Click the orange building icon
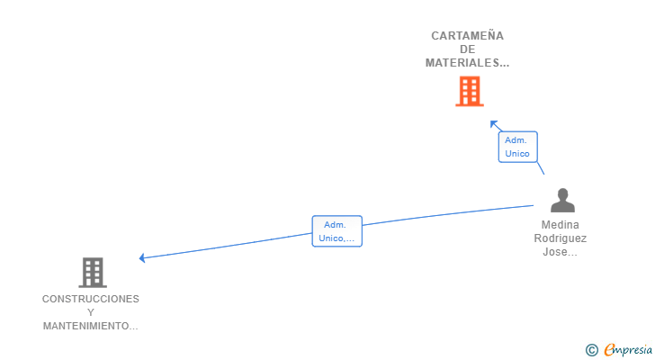469,91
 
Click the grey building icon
92,272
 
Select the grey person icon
562,200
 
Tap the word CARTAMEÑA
467,36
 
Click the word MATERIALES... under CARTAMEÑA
467,63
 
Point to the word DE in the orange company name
467,49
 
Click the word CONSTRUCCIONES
91,299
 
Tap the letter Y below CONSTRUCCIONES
91,312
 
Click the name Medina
561,225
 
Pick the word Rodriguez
561,238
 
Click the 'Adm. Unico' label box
517,147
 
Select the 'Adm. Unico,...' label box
336,231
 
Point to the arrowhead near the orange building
493,123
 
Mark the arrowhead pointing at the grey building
142,258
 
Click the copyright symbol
591,350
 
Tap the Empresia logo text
628,350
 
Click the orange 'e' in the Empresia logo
609,350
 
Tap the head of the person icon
562,193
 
